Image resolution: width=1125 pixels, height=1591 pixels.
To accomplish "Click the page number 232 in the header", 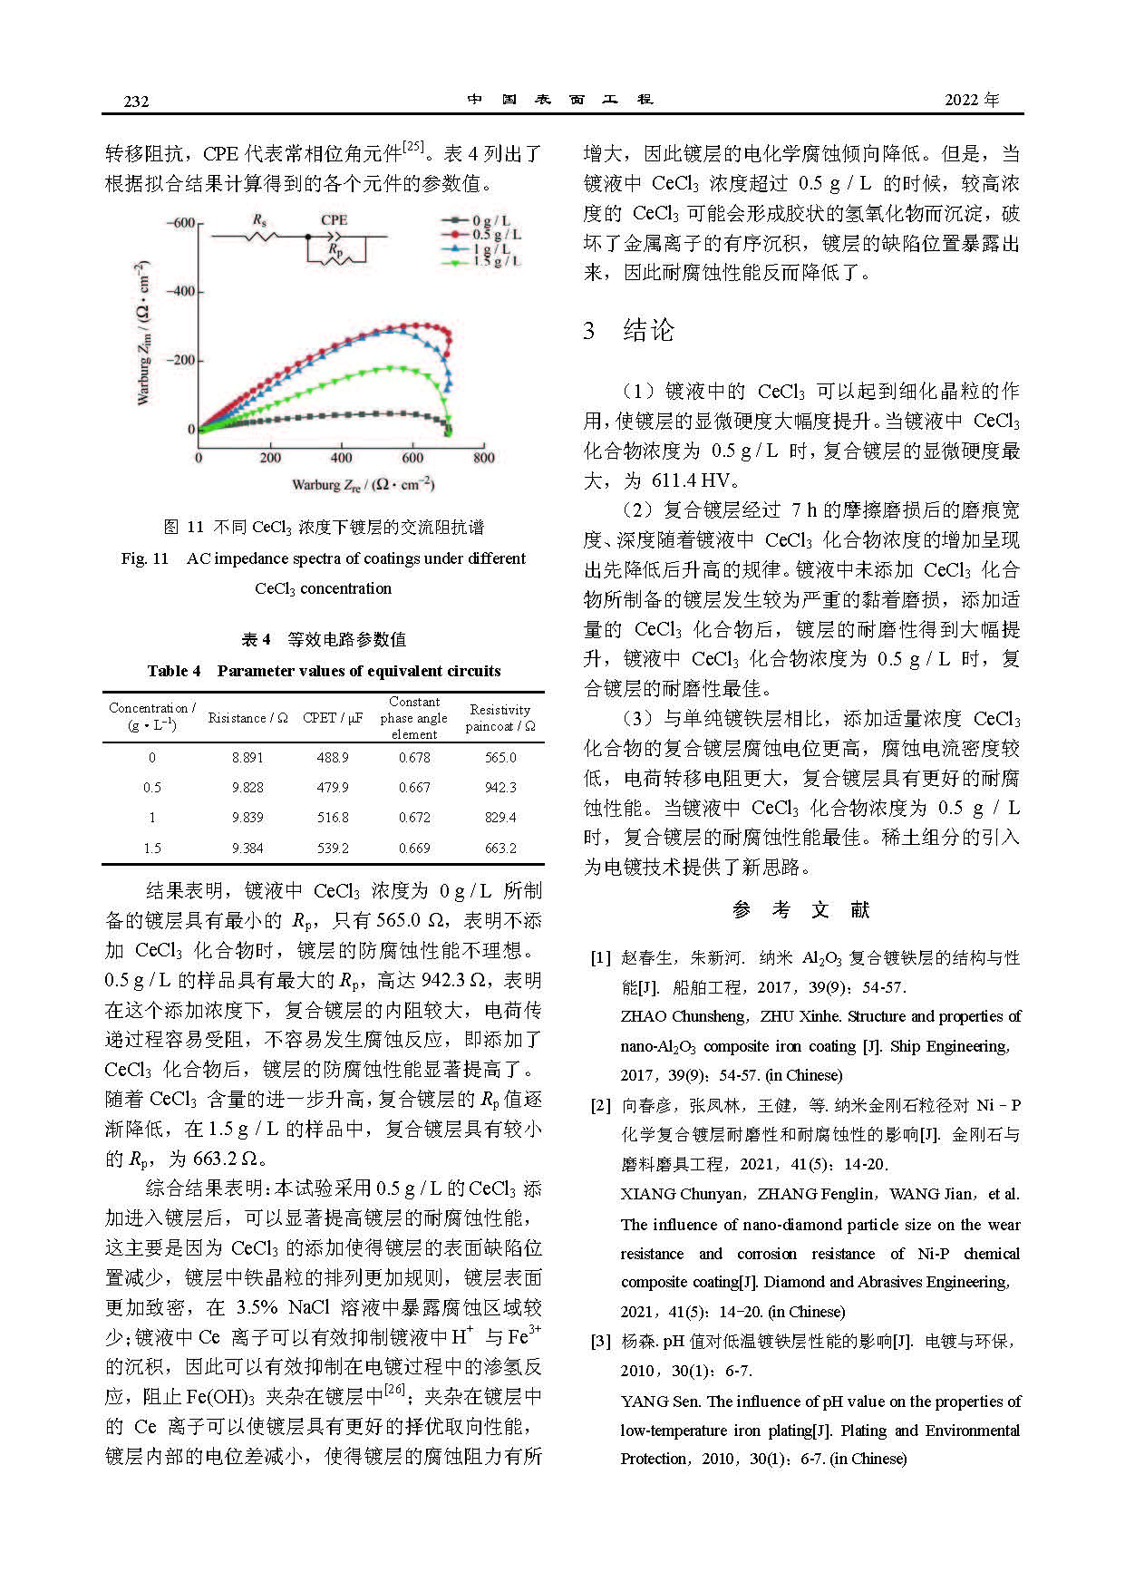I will tap(136, 101).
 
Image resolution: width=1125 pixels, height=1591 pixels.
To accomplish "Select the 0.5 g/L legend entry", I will tap(496, 234).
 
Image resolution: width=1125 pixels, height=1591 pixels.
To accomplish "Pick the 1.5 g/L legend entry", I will tap(496, 261).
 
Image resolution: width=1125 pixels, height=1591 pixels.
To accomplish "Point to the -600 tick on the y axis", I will tap(179, 223).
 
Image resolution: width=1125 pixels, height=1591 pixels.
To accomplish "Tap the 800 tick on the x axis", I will tap(484, 458).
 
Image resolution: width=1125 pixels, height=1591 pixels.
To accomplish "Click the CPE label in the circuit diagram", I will tap(335, 219).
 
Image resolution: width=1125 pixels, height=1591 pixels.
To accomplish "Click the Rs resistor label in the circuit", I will tap(259, 219).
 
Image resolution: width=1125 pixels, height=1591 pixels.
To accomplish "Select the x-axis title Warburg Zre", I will tap(363, 485).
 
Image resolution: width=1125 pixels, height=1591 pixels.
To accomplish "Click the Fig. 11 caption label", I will tap(145, 558).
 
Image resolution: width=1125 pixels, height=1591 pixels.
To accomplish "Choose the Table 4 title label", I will tap(174, 671).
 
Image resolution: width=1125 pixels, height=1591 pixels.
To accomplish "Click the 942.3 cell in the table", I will tap(500, 788).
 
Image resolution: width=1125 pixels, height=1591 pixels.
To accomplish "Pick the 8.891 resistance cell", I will tap(247, 758).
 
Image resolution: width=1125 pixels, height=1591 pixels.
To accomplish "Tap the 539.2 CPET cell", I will tap(333, 849).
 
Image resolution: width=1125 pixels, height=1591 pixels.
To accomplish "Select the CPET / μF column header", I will tap(333, 718).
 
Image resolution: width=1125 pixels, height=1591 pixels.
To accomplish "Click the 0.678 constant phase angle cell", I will tap(414, 758).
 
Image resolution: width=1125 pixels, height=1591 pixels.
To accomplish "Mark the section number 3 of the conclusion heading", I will tap(589, 331).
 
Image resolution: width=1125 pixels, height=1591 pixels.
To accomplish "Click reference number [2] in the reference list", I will tap(600, 1105).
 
